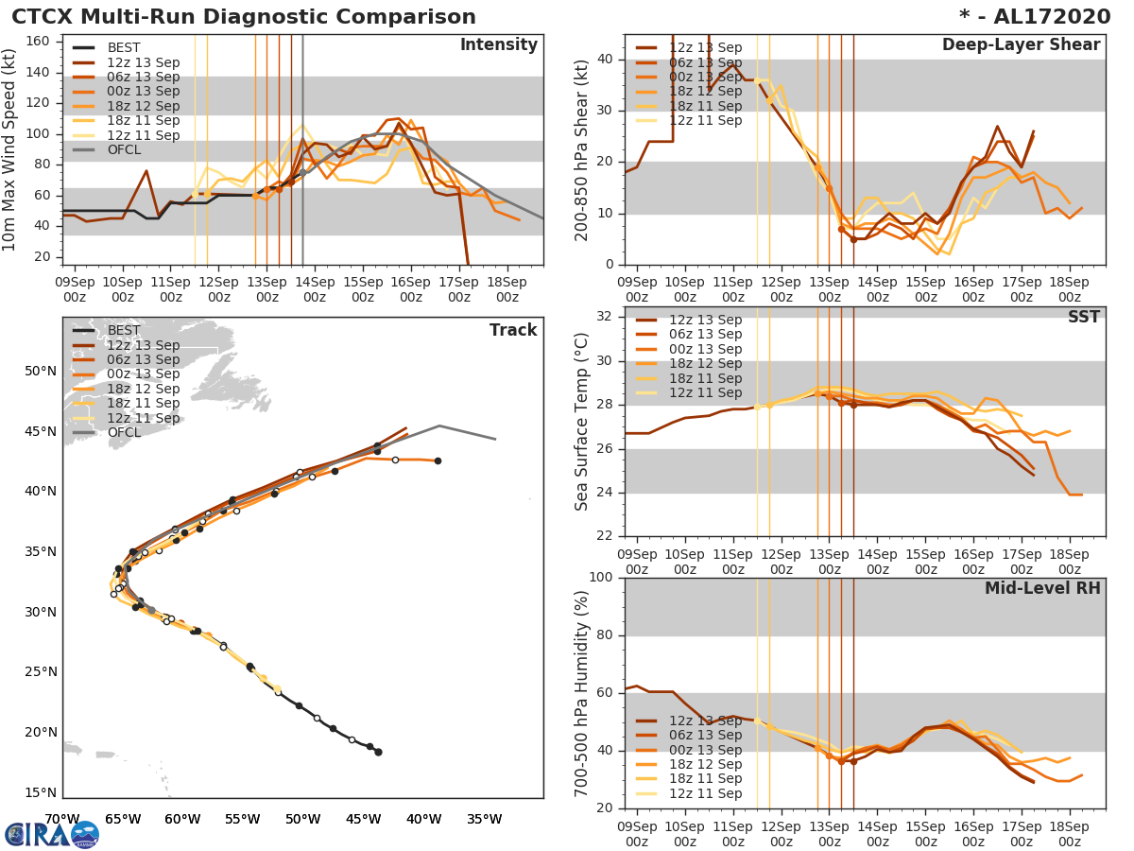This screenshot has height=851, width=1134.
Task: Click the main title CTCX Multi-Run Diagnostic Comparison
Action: coord(244,17)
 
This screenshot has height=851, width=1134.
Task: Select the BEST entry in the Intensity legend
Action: coord(124,47)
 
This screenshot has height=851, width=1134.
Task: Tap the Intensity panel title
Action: coord(498,45)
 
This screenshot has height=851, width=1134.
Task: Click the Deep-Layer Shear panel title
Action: coord(1021,45)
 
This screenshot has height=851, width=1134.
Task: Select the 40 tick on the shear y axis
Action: coord(606,60)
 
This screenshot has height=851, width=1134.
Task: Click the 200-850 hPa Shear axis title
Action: coord(581,149)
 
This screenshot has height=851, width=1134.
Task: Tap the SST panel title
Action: coord(1084,317)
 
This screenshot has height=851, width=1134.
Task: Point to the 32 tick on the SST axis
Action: coord(606,317)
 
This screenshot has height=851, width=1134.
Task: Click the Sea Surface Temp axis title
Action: coord(581,422)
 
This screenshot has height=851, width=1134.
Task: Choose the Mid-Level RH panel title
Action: coord(1042,588)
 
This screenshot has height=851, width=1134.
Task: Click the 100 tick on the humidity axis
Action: coord(602,578)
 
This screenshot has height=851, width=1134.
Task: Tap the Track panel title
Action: coord(513,330)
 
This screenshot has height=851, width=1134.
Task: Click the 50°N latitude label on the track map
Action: coord(41,371)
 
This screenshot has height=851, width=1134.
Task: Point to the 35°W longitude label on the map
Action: coord(483,819)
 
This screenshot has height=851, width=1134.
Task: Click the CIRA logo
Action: coord(52,834)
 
